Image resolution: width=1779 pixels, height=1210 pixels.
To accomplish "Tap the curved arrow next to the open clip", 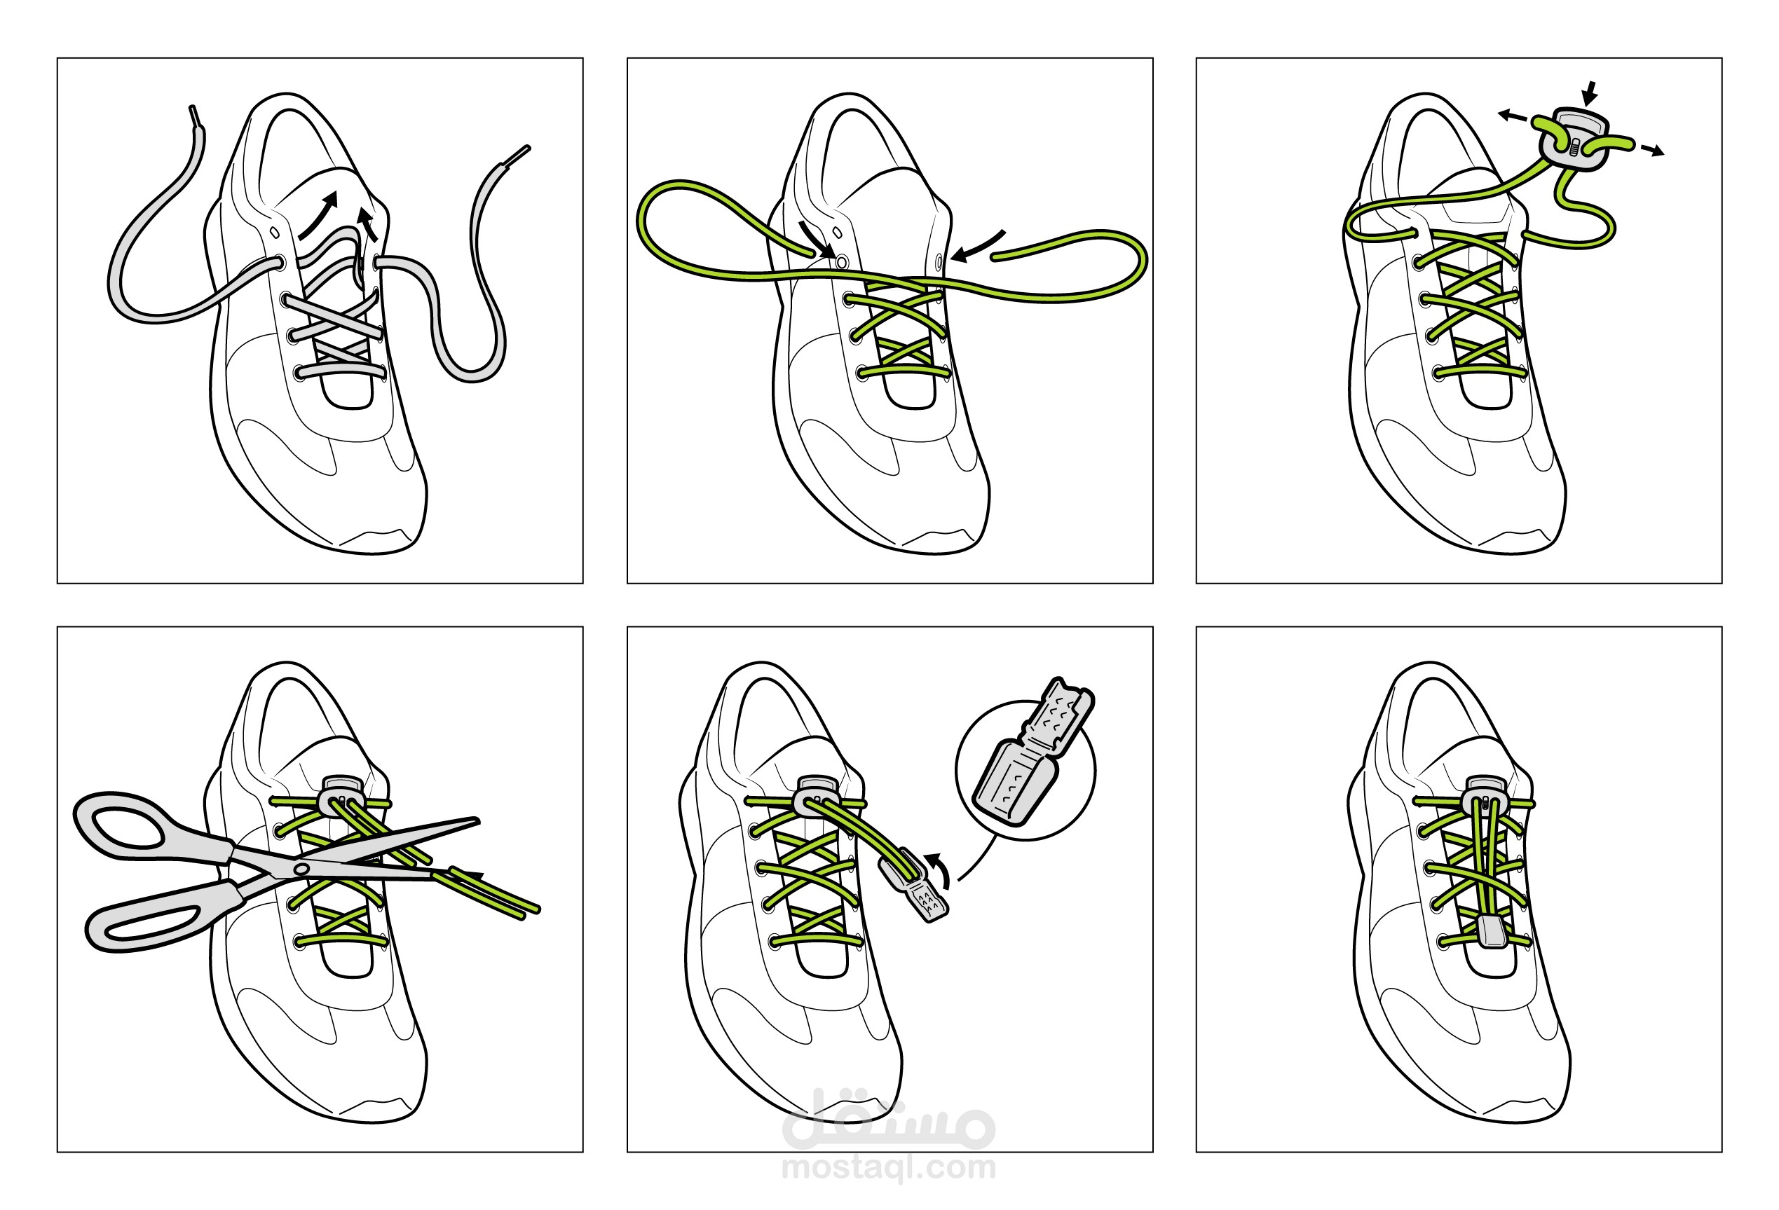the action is pos(941,869).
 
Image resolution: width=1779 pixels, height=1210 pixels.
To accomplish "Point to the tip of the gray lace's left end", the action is pos(191,107).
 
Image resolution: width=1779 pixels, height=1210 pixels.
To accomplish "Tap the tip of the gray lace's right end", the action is pos(529,147).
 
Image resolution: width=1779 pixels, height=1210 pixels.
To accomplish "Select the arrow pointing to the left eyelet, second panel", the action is pos(817,240).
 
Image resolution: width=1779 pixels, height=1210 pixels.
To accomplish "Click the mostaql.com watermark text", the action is pos(889,1168).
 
